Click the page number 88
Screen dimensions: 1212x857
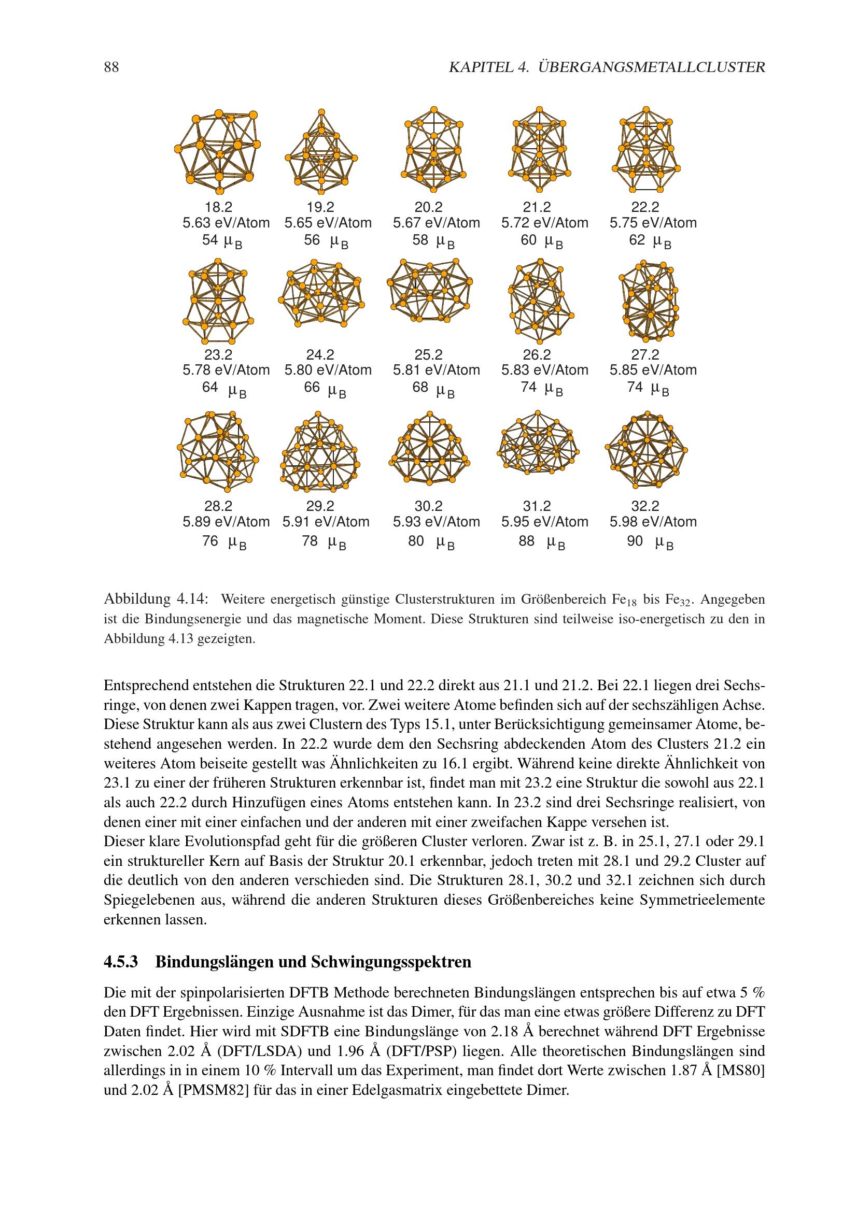(111, 67)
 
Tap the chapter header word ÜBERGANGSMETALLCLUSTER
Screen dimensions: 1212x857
(652, 67)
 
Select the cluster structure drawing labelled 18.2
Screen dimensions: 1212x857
(218, 151)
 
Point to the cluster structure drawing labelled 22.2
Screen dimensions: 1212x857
(646, 150)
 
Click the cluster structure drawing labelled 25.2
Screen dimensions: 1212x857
(430, 291)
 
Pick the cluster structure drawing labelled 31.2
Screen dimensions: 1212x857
(538, 444)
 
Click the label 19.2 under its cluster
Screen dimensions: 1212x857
(320, 207)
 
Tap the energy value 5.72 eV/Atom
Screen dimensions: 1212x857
(544, 223)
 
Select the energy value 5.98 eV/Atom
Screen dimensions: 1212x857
(653, 522)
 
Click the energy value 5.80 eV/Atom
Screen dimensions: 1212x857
(328, 370)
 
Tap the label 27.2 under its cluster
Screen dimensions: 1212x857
(645, 355)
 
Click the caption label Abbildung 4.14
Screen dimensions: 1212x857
(156, 598)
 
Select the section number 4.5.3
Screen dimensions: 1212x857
(120, 961)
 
